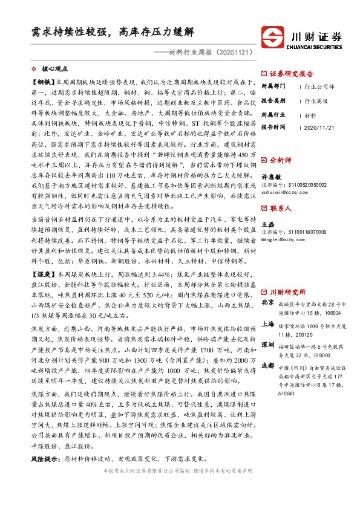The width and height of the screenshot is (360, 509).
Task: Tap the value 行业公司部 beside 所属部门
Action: [319, 86]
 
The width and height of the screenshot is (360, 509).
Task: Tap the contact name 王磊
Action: [268, 224]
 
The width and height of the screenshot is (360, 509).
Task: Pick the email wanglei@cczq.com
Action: [283, 238]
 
